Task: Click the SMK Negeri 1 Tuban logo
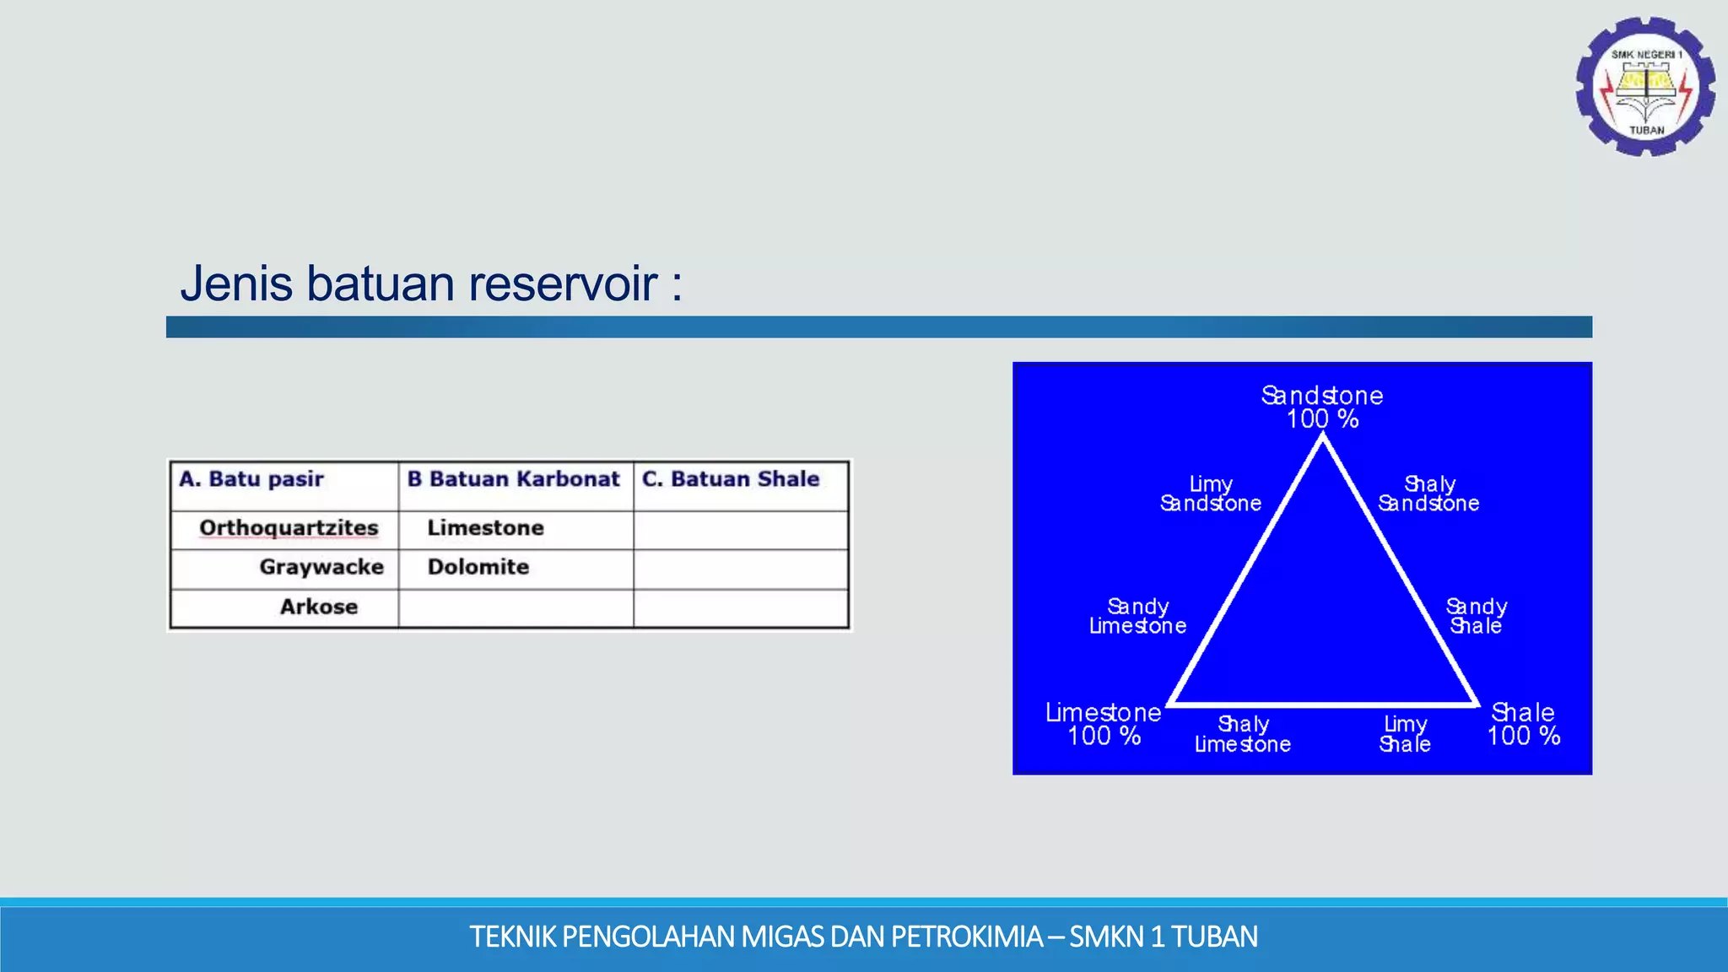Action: (1645, 87)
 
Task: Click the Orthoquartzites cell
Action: (289, 528)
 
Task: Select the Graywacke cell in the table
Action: (321, 567)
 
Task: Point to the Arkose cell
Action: (319, 607)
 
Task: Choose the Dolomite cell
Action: (478, 567)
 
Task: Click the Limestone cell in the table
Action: (485, 528)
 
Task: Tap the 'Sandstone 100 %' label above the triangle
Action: (1322, 407)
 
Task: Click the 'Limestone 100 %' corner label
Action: (1104, 724)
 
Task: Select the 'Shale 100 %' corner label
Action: (1523, 724)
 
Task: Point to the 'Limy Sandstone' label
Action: (1211, 494)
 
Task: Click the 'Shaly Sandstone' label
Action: (1428, 494)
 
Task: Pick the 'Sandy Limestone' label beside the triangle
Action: (1137, 616)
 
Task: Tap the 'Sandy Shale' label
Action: (1476, 616)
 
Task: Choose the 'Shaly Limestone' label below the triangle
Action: (1243, 734)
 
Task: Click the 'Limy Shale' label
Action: (1405, 734)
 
